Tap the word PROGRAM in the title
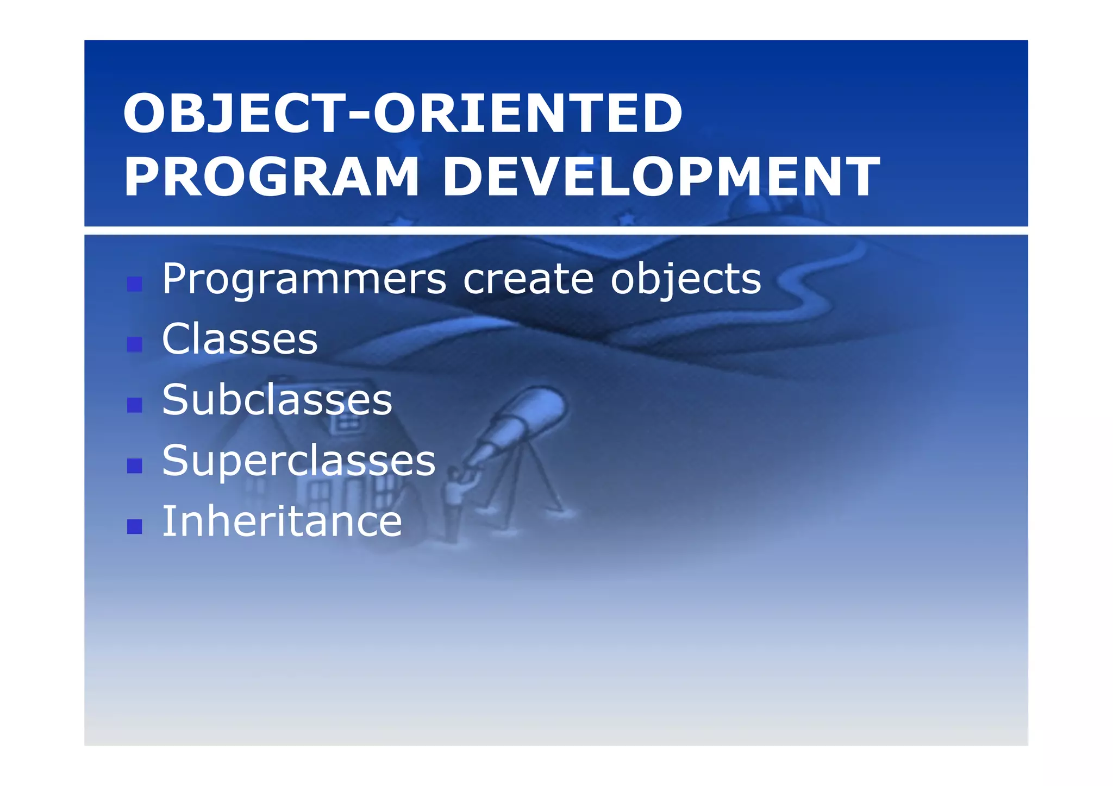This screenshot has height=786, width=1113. pos(272,177)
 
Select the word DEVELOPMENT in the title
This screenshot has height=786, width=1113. pos(660,177)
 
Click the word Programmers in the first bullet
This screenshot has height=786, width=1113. pos(304,280)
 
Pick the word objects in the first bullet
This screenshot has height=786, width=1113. pos(686,280)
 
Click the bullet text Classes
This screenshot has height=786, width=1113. pos(240,339)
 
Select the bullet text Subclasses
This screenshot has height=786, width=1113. pos(277,400)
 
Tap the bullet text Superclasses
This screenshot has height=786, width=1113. pos(299,461)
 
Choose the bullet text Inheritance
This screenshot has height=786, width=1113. pos(282,521)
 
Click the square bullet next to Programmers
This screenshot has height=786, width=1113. pos(134,284)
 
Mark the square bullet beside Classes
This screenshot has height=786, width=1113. pos(134,344)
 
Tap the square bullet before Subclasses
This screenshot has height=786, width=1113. pos(134,405)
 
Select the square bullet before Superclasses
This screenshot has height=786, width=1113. pos(134,466)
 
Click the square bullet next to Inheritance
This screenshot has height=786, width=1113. pos(134,526)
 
